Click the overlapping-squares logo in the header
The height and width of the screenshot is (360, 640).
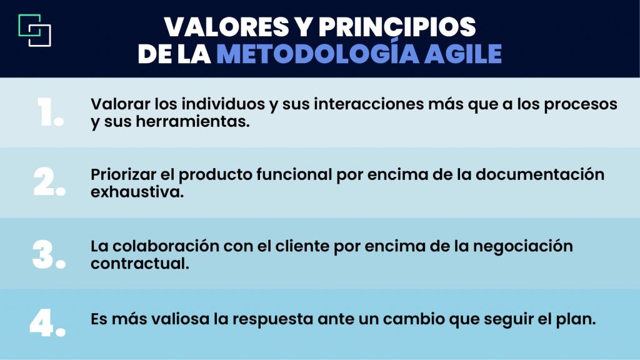tap(35, 30)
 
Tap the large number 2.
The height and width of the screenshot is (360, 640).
tap(49, 182)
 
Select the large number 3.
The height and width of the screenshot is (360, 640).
tap(49, 254)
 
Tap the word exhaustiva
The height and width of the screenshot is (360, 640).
tap(137, 192)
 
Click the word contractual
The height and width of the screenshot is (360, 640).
tap(139, 263)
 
